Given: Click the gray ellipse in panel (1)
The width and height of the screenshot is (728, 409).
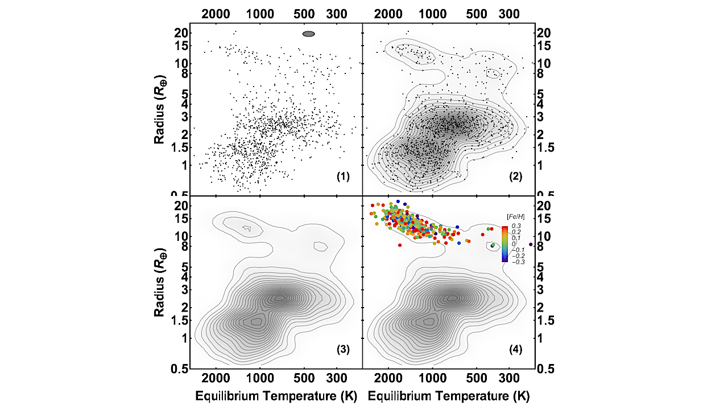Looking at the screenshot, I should (x=308, y=34).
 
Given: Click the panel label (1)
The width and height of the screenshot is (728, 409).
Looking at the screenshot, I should (x=343, y=177).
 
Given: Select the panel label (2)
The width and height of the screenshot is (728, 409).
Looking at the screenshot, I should (x=516, y=177).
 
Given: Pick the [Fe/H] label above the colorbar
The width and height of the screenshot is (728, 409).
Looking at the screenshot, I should (x=515, y=217).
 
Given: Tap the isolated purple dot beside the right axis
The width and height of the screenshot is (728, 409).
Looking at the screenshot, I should (x=531, y=244).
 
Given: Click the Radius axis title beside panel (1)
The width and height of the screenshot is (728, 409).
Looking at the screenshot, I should (x=161, y=109).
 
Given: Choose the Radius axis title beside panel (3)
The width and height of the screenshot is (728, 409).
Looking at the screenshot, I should (x=161, y=282).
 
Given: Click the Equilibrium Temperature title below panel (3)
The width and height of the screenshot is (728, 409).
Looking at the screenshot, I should (x=276, y=394).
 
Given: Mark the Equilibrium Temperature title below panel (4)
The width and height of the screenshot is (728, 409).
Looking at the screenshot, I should (x=449, y=394).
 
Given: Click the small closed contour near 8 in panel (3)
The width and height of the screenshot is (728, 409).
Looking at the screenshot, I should (x=320, y=246).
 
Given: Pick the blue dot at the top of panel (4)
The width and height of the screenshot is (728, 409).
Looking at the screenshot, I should (x=398, y=202).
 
